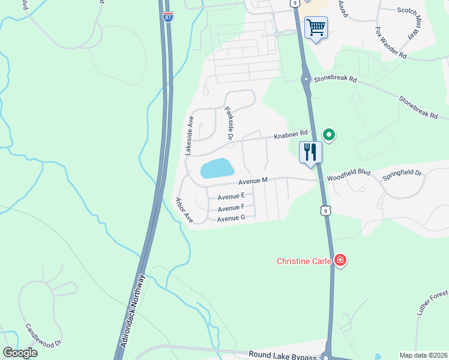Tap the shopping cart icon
[x=316, y=28]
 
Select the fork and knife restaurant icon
[x=310, y=152]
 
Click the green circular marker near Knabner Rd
[x=328, y=134]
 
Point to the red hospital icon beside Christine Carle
[x=340, y=260]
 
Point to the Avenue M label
[x=252, y=181]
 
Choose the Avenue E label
[x=231, y=196]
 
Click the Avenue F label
[x=231, y=208]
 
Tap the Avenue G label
[x=231, y=218]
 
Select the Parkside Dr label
[x=229, y=124]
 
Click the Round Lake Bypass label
[x=283, y=356]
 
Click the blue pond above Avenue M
[x=216, y=168]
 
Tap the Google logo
[x=20, y=353]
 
